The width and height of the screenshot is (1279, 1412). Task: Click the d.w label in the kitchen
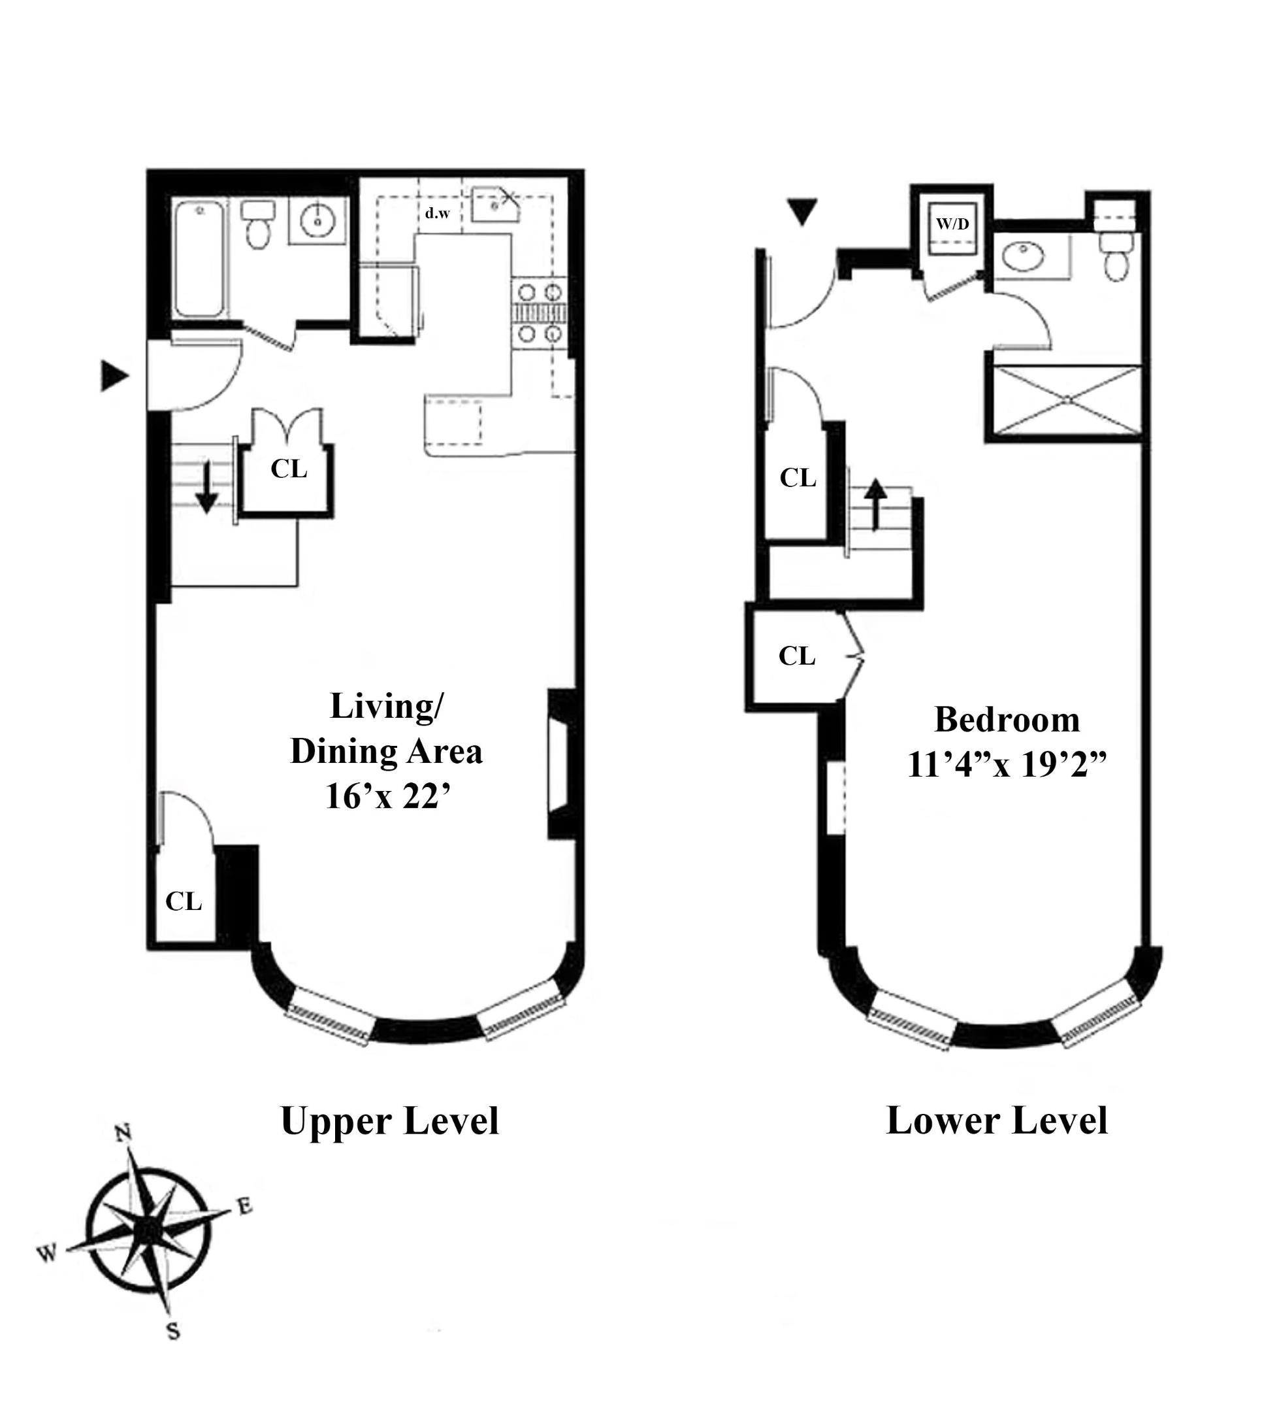(438, 213)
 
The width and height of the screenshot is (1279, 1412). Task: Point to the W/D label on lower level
(953, 224)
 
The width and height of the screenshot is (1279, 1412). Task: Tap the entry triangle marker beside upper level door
(114, 376)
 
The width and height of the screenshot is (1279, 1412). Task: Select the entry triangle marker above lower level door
(801, 212)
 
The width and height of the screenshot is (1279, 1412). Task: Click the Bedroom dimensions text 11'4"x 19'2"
(1007, 765)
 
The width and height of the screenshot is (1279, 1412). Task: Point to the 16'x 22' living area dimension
(387, 796)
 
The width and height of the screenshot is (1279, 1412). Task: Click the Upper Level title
(389, 1120)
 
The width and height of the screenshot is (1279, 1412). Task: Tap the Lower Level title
(996, 1120)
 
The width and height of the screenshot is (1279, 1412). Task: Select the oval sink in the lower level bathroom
(1023, 257)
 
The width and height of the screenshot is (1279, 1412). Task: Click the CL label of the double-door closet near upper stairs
(289, 469)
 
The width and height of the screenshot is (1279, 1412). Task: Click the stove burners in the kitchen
(539, 312)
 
